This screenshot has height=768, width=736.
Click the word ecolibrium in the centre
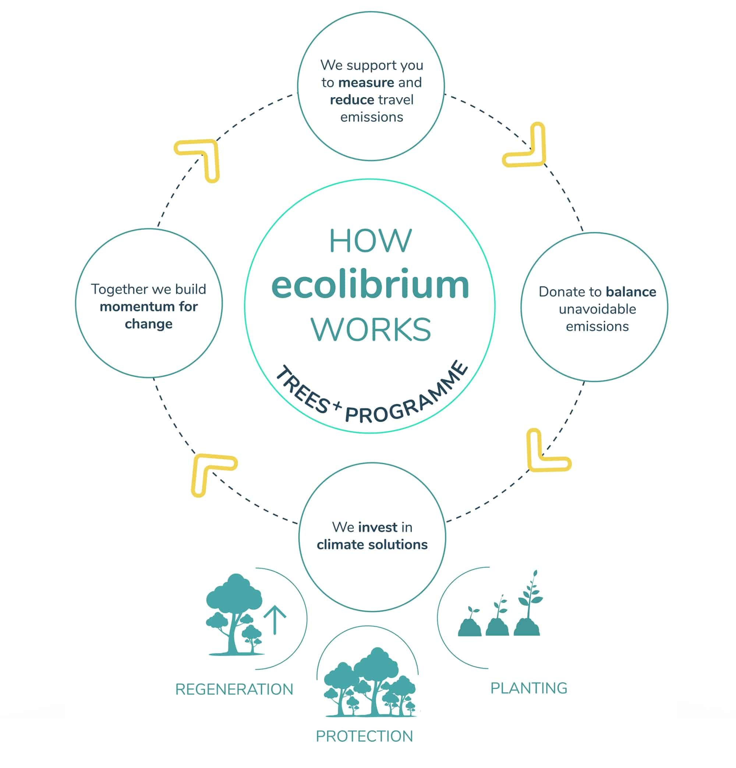coord(370,285)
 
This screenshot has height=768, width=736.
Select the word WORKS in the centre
coord(371,329)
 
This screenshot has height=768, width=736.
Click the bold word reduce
coord(352,100)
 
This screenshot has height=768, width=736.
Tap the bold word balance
coord(630,292)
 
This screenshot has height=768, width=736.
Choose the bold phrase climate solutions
coord(372,545)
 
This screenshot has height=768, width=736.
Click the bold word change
coord(148,324)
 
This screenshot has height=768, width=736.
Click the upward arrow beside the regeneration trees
coord(275,620)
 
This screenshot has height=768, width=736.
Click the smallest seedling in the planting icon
coord(470,623)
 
